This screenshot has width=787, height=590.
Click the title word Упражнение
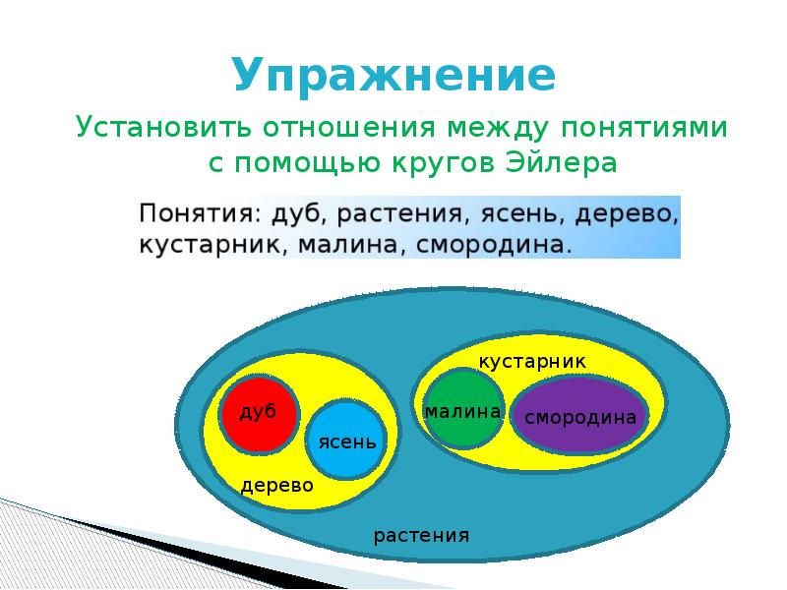[x=394, y=76]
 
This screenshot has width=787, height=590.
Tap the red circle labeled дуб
[x=259, y=415]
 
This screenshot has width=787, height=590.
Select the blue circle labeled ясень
[x=346, y=440]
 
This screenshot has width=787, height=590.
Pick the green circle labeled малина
[x=463, y=409]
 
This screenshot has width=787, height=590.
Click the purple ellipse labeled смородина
[x=580, y=416]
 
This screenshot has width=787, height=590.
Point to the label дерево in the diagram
[x=277, y=486]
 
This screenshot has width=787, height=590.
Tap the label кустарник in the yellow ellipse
[x=532, y=362]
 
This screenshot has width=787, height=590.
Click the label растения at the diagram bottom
[x=421, y=536]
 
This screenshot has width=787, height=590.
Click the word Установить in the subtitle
[x=163, y=127]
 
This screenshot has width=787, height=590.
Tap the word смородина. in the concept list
[x=494, y=244]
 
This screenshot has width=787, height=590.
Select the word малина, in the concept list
[x=352, y=245]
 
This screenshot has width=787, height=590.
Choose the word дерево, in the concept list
[x=627, y=214]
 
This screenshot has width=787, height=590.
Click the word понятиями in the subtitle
[x=644, y=127]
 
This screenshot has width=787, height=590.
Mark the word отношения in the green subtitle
[x=349, y=128]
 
